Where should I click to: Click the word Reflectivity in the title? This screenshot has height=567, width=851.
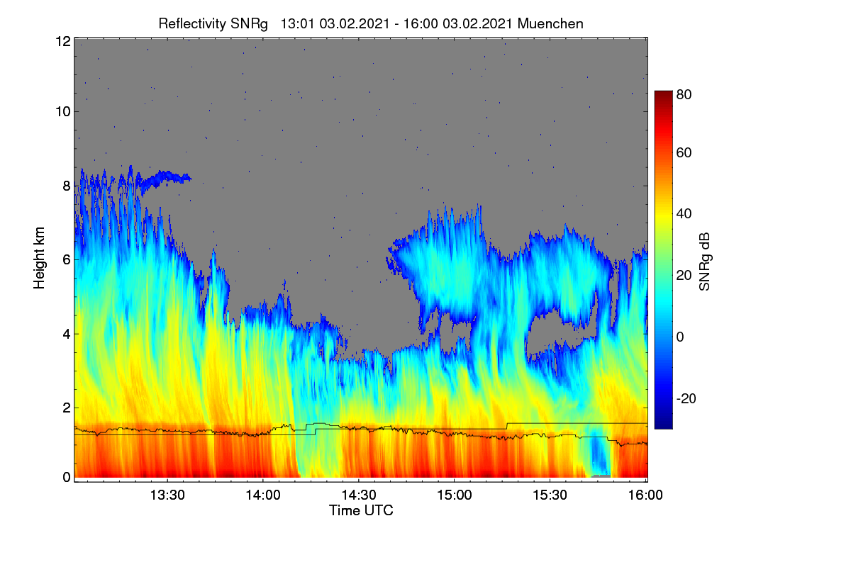[192, 24]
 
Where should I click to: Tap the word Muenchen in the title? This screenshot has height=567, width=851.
[550, 24]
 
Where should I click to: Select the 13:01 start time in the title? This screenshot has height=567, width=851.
[297, 24]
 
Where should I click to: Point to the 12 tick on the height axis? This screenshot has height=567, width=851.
[63, 41]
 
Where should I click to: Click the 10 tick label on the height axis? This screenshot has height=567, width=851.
[63, 112]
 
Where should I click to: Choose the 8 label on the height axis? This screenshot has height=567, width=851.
[67, 186]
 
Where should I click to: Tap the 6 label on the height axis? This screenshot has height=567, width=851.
[67, 260]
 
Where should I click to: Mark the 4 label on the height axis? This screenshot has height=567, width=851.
[67, 335]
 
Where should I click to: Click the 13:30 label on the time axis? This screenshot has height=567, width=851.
[167, 495]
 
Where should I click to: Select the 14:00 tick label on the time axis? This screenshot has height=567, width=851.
[263, 495]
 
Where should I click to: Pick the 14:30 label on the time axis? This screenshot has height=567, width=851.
[359, 495]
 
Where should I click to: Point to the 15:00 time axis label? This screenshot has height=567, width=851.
[455, 495]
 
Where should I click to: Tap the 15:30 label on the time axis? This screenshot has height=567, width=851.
[550, 495]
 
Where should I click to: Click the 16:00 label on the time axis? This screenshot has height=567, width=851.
[645, 495]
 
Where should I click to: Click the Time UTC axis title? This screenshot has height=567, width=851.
[361, 511]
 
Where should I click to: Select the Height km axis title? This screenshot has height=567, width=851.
[39, 258]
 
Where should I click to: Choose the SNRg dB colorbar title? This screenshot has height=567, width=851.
[704, 262]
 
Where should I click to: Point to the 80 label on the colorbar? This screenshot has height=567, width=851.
[684, 94]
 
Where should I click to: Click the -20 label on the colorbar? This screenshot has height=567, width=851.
[686, 399]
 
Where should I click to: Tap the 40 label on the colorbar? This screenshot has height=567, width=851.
[684, 214]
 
